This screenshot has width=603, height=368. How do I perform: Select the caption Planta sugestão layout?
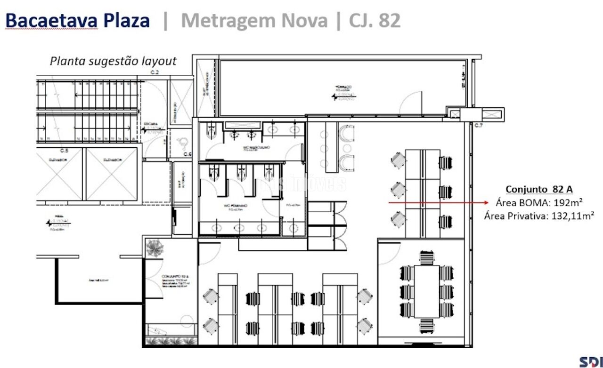113,61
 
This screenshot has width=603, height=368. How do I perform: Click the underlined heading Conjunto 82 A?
539,190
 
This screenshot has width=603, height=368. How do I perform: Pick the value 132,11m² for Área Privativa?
572,216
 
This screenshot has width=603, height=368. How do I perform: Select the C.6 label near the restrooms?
187,154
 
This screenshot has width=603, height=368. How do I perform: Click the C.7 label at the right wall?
479,125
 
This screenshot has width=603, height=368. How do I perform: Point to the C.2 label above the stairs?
155,72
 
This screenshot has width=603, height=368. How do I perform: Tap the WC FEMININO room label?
239,206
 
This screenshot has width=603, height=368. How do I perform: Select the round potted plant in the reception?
155,248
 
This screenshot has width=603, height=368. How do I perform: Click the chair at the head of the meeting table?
427,257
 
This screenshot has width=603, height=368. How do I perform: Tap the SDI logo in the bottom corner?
591,361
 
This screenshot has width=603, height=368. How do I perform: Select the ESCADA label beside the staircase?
151,125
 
